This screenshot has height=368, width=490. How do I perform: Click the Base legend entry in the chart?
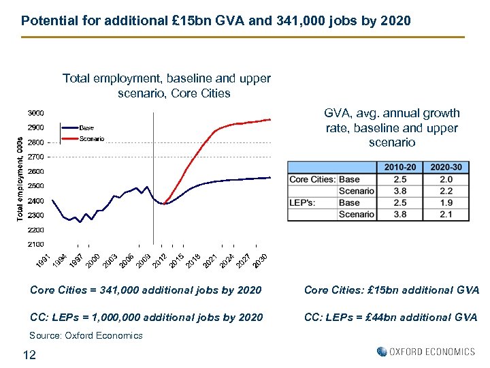[86, 127]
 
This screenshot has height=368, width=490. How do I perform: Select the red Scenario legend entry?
[91, 139]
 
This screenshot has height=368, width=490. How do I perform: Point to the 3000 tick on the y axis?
[36, 112]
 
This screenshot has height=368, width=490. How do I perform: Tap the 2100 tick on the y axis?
[36, 244]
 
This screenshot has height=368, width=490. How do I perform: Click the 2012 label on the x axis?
[158, 260]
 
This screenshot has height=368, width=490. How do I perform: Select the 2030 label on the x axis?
[259, 260]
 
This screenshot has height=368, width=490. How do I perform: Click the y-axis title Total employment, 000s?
[20, 177]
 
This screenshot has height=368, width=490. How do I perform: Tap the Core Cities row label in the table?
[312, 180]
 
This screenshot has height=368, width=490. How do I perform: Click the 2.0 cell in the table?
[446, 180]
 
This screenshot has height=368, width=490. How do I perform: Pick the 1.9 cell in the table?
[446, 202]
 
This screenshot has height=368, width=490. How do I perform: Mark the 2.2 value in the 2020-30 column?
[446, 191]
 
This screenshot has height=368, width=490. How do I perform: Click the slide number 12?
[29, 354]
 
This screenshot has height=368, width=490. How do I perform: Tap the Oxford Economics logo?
[425, 352]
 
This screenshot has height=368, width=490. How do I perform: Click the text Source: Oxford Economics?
[86, 335]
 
